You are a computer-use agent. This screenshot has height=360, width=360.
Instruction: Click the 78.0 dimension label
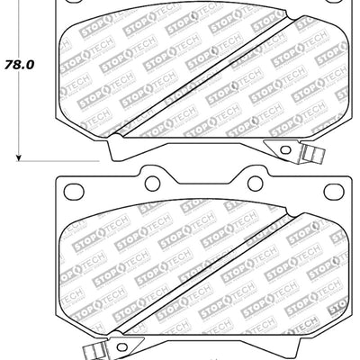(18, 66)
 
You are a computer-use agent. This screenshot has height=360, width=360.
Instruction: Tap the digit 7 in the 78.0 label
(9, 66)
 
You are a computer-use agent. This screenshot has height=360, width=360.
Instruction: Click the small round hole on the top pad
(283, 149)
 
